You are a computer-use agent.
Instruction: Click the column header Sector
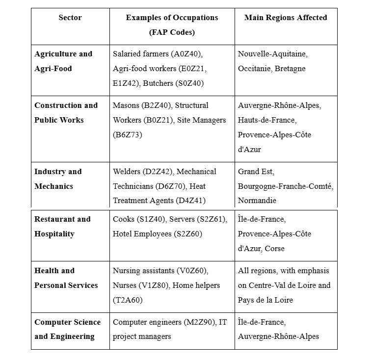pos(70,18)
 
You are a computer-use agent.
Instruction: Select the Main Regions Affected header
pos(286,18)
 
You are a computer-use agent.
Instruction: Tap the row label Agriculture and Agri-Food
pos(63,61)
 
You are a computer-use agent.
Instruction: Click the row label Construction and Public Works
pos(66,113)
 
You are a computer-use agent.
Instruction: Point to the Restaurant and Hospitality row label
pos(63,227)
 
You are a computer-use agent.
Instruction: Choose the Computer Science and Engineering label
pos(68,330)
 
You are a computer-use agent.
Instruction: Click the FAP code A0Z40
pos(187,54)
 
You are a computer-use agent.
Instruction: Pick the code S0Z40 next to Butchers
pos(189,83)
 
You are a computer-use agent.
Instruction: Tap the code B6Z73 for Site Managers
pos(127,135)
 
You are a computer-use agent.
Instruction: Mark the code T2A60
pos(128,300)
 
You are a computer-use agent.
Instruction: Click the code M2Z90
pos(199,322)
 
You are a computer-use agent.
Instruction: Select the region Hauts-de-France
pos(267,120)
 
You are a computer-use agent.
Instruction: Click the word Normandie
pos(257,201)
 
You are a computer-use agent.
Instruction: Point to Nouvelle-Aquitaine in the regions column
pos(273,54)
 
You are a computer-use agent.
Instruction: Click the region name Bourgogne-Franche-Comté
pos(286,186)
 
